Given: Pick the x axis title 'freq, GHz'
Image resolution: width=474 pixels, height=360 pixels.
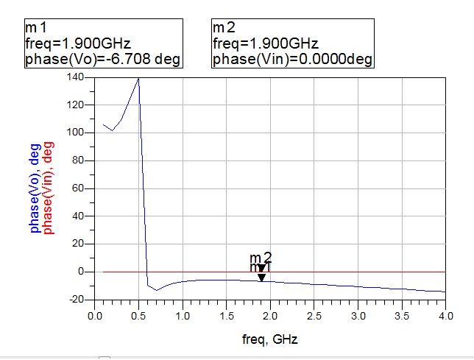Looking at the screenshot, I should click(269, 339).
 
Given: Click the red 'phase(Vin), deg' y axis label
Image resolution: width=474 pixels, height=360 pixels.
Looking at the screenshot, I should click(49, 188).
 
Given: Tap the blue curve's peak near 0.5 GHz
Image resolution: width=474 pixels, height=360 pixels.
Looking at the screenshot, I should click(138, 78).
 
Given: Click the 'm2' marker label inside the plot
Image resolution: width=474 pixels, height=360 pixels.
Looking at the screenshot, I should click(261, 258).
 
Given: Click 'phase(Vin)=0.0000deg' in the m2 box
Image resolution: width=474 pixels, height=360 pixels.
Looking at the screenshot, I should click(292, 59).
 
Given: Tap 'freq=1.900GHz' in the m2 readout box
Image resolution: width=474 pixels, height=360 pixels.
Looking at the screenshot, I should click(259, 43).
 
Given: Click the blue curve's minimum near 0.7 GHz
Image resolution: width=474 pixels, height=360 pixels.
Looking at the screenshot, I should click(157, 290).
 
